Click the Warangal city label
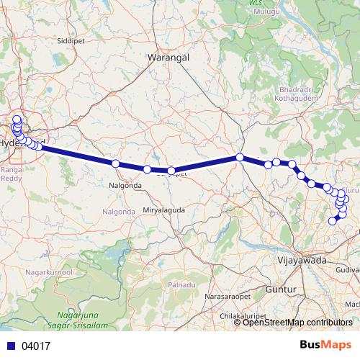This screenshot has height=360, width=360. tap(168, 56)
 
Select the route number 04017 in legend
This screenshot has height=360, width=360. tap(35, 346)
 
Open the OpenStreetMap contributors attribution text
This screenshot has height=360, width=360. tap(297, 323)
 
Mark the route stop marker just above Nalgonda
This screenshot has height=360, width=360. tap(115, 163)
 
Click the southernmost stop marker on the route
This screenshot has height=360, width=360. tap(333, 220)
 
